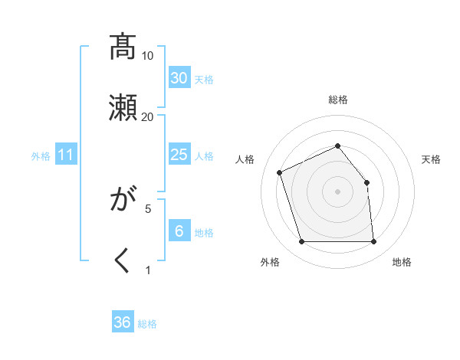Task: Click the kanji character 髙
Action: [123, 47]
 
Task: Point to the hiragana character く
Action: [123, 260]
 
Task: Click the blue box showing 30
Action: [179, 78]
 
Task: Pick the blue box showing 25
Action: [179, 155]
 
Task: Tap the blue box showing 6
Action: [179, 231]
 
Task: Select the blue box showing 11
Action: [66, 155]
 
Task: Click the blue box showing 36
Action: [123, 322]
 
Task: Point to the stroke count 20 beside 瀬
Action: [148, 116]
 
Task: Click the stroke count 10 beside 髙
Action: [148, 56]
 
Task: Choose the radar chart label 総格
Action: [337, 100]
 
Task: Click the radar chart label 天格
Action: [432, 159]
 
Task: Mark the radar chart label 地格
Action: [402, 263]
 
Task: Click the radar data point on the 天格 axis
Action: [366, 182]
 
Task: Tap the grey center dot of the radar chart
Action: [337, 191]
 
